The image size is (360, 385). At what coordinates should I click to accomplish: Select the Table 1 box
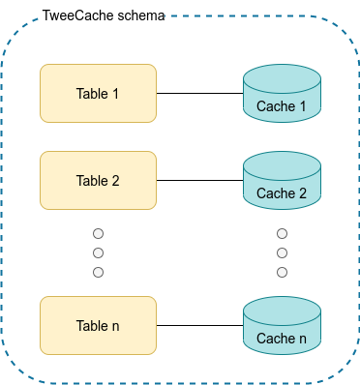(98, 93)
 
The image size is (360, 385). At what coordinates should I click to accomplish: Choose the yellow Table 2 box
(98, 180)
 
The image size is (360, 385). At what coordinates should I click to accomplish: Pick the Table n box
(98, 326)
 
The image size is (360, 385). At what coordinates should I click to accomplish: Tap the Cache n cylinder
(282, 328)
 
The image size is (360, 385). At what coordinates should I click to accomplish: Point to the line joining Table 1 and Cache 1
(199, 94)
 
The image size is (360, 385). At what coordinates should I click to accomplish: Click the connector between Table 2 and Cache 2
(199, 181)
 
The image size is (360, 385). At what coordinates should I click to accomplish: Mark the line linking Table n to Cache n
(199, 326)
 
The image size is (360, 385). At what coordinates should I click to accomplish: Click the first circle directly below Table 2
(98, 234)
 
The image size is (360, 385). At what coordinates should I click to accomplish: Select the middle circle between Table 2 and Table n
(98, 252)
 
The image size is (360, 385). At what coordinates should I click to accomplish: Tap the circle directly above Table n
(98, 272)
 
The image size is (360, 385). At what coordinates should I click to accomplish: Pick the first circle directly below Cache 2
(282, 234)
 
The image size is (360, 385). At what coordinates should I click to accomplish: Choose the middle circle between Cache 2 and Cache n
(282, 252)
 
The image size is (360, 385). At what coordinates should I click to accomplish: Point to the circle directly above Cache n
(282, 272)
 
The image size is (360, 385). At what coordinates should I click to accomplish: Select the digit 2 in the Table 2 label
(115, 180)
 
